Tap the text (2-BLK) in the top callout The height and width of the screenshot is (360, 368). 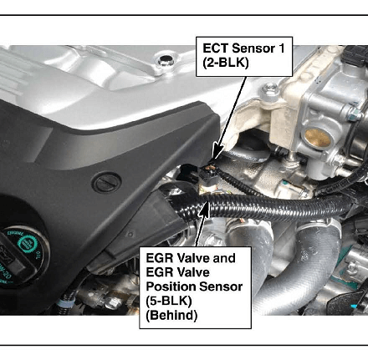(226, 63)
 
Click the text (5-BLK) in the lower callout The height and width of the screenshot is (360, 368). (169, 301)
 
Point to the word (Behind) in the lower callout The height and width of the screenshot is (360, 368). (171, 316)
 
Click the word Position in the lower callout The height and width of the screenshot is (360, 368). (170, 286)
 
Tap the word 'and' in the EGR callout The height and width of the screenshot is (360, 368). (224, 258)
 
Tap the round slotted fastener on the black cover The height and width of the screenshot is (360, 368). (106, 183)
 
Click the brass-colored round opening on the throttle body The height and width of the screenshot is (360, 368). (317, 138)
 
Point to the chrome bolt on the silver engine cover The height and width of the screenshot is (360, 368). (165, 60)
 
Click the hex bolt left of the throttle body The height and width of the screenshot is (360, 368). (270, 89)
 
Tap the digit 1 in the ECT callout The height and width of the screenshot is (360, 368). (282, 48)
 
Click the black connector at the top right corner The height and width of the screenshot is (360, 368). (356, 56)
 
